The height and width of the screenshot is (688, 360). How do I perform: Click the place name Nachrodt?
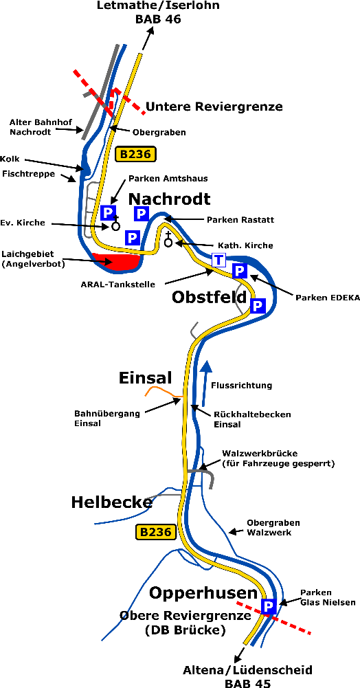[x=169, y=199]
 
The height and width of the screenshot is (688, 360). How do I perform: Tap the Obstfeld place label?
[x=208, y=297]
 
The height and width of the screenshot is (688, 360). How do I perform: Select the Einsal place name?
[x=145, y=378]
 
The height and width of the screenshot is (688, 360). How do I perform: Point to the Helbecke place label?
[x=111, y=502]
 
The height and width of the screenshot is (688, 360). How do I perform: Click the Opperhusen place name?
[x=203, y=593]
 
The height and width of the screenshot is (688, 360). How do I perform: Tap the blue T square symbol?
[x=218, y=260]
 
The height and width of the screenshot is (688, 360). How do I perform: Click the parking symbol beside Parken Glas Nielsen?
[x=269, y=606]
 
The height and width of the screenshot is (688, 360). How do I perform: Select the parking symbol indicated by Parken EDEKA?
[x=239, y=271]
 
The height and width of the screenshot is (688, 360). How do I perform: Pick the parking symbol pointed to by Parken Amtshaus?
[x=107, y=212]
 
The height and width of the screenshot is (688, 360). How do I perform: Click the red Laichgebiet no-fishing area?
[x=116, y=262]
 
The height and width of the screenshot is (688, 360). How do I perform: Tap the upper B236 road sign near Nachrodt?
[x=135, y=154]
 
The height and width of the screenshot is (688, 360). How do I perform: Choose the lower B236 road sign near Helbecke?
[x=157, y=532]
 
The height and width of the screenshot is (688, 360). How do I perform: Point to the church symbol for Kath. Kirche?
[x=168, y=240]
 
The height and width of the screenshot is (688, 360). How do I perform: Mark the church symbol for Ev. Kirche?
[x=115, y=223]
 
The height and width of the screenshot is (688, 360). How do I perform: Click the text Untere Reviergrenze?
[x=214, y=107]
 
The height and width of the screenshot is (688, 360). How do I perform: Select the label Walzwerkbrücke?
[x=260, y=453]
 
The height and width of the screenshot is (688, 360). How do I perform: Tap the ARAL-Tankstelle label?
[x=118, y=285]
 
